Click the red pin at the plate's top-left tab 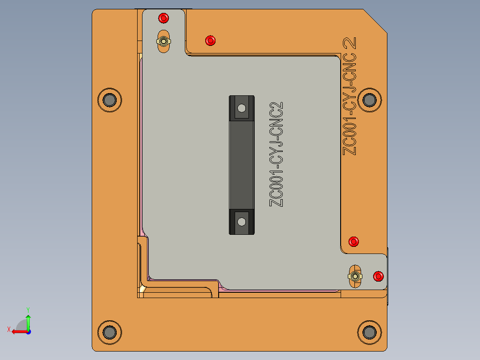coord(163,18)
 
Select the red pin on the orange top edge coord(210,41)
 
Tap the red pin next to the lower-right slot coord(378,276)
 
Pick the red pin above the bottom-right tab coord(354,241)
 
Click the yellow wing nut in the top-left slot coord(164,41)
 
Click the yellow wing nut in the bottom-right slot coord(355,276)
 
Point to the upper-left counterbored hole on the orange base coord(109,100)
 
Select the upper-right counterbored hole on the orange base coord(369,100)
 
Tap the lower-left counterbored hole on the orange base coord(109,332)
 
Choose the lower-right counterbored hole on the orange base coord(369,332)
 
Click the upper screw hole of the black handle coord(241,108)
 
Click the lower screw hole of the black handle coord(241,221)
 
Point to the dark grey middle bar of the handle coord(241,165)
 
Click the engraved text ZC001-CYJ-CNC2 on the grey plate coord(277,154)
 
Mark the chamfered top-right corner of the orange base coord(375,20)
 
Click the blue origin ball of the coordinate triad coord(28,331)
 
